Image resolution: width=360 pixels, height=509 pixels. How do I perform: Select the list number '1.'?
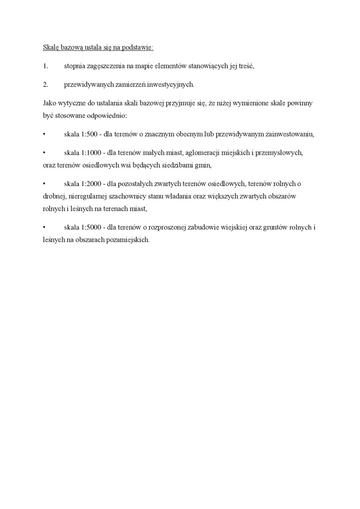click(45, 66)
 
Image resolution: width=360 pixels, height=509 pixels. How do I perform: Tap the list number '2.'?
click(45, 85)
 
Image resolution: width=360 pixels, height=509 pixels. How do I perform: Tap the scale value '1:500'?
click(90, 134)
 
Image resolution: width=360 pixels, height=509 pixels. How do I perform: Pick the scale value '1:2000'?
click(91, 183)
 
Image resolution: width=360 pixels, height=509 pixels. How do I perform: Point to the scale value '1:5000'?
click(91, 227)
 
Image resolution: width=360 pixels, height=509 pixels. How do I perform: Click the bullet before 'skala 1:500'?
click(44, 134)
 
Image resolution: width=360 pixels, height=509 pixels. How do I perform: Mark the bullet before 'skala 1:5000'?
click(44, 227)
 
